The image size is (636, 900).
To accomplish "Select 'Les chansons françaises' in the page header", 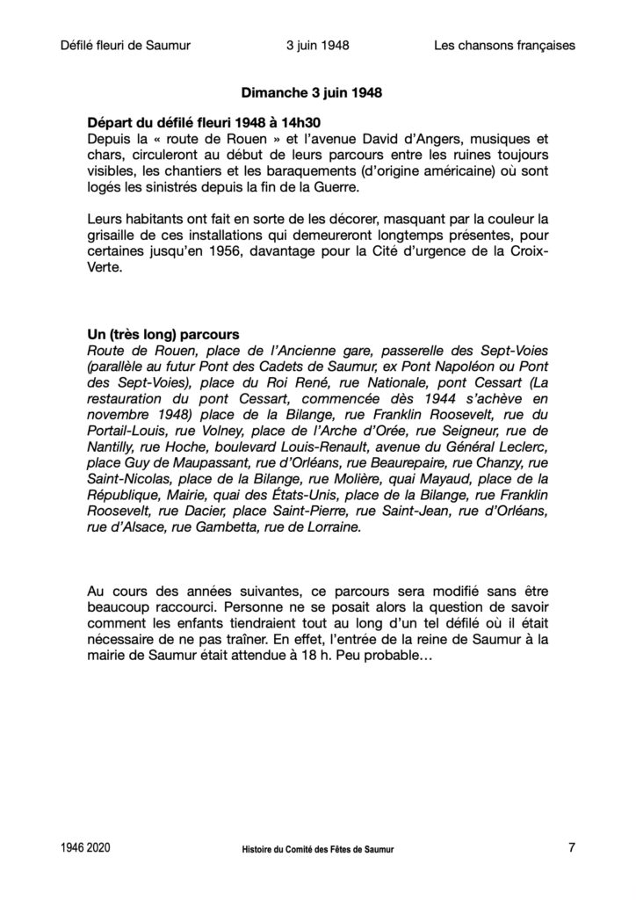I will pos(504,45).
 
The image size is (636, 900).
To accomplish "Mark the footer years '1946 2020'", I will pos(86,848).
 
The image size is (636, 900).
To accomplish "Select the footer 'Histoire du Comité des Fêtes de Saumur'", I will pos(319,850).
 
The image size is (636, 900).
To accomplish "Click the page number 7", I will pos(571,848).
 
